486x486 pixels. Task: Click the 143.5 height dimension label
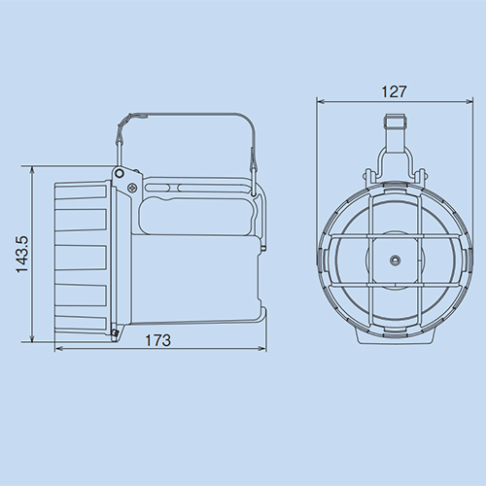pos(23,255)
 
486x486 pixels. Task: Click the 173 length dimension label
pos(157,340)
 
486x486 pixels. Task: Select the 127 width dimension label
pos(394,91)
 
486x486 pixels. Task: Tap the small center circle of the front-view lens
pos(395,260)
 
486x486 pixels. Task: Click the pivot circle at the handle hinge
pos(120,174)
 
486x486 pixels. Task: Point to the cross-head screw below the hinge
pos(131,188)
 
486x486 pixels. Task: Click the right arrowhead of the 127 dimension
pos(469,102)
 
